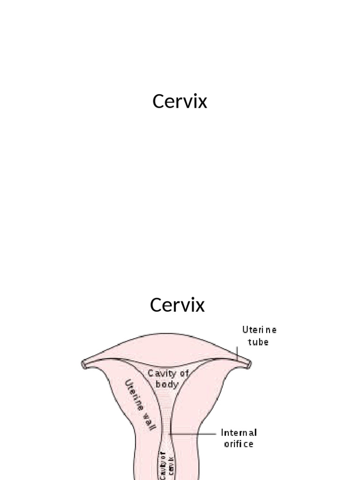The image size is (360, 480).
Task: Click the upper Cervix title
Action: coord(180,101)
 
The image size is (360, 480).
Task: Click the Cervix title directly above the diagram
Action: coord(177,305)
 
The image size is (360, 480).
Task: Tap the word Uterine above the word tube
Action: coord(259,330)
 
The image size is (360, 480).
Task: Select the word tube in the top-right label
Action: coord(259,342)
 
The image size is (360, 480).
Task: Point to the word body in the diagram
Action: coord(167,384)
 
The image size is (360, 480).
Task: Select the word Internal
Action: coord(239,432)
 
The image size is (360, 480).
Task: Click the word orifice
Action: coord(238,443)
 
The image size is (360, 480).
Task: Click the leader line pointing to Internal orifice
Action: coord(195,434)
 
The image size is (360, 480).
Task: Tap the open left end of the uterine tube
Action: coord(84,364)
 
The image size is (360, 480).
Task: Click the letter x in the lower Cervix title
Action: coord(200,305)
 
